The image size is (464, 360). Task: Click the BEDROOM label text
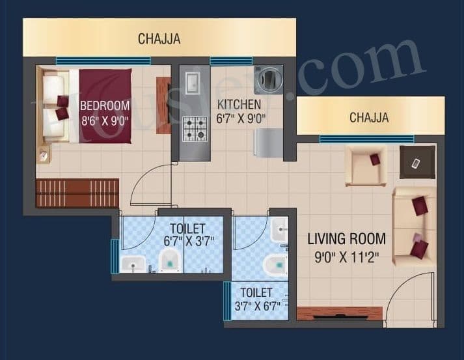[105, 105]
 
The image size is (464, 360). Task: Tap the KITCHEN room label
[239, 105]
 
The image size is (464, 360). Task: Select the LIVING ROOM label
[346, 239]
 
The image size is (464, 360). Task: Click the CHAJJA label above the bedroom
[159, 39]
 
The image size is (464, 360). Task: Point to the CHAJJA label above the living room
[369, 118]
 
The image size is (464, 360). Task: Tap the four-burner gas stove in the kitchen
[193, 129]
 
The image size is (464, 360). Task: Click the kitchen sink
[192, 83]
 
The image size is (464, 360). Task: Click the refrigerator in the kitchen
[267, 143]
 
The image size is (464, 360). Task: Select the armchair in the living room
[366, 165]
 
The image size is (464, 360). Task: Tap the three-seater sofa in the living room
[415, 227]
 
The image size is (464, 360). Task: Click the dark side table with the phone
[417, 161]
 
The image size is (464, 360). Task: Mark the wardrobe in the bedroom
[77, 193]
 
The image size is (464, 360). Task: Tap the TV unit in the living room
[339, 313]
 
